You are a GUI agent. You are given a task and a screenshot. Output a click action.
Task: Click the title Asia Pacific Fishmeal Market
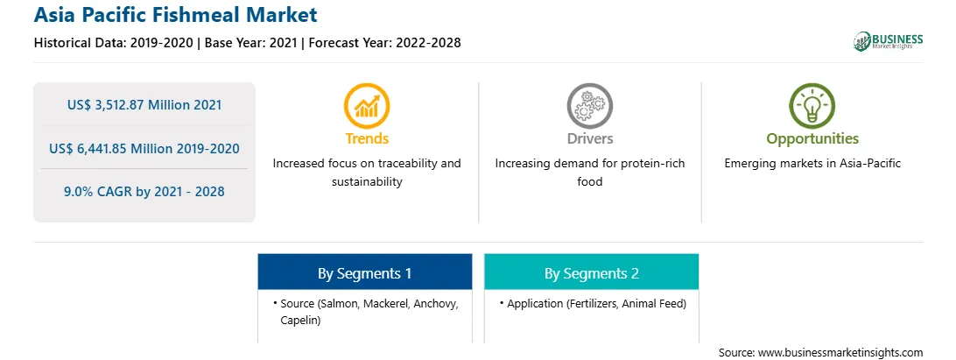[x=176, y=15]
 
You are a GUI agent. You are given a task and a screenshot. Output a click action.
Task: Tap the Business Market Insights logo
[x=889, y=41]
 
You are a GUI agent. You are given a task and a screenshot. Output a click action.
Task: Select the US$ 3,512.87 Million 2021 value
[x=144, y=105]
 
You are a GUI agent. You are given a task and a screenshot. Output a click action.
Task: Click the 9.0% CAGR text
[x=100, y=192]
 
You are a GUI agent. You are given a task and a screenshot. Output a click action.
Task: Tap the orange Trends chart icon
[x=367, y=106]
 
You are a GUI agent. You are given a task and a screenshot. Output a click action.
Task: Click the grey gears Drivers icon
[x=589, y=106]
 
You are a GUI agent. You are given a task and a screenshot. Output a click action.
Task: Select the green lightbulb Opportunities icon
[x=812, y=106]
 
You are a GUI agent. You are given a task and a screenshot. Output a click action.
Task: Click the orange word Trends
[x=367, y=138]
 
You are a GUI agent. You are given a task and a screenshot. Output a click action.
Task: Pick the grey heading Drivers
[x=589, y=138]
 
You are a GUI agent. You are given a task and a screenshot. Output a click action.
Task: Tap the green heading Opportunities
[x=812, y=139]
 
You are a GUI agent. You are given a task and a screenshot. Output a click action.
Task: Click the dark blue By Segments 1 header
[x=364, y=272]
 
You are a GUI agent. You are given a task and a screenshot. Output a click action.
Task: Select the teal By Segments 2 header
[x=592, y=272]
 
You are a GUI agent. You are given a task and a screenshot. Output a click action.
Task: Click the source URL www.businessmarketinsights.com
[x=840, y=352]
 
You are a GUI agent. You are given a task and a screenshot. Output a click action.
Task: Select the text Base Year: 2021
[x=250, y=43]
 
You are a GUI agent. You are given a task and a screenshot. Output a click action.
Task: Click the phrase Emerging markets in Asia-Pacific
[x=812, y=164]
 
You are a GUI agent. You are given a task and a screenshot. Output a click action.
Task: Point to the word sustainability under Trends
[x=367, y=182]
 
